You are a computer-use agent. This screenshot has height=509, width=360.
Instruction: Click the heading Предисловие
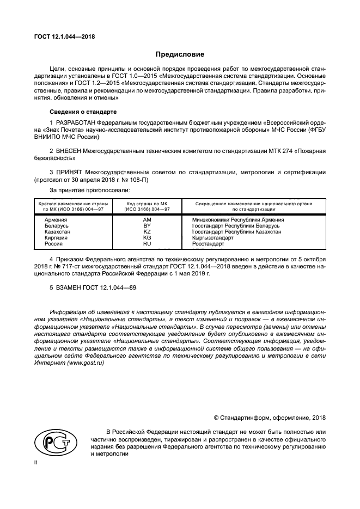pyautogui.click(x=180, y=54)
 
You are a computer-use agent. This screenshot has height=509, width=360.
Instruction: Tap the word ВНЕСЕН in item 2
pyautogui.click(x=70, y=150)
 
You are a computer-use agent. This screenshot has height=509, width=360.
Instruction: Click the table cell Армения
pyautogui.click(x=56, y=219)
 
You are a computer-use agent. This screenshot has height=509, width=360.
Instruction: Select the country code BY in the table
pyautogui.click(x=147, y=225)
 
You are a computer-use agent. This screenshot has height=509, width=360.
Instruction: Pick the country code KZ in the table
pyautogui.click(x=147, y=231)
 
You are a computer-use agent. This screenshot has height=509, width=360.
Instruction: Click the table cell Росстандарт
pyautogui.click(x=208, y=244)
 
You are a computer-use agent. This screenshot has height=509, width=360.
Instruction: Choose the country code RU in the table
pyautogui.click(x=147, y=244)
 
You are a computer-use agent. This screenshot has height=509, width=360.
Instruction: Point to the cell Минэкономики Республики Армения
pyautogui.click(x=238, y=219)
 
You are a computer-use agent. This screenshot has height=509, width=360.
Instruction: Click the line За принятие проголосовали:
pyautogui.click(x=89, y=190)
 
